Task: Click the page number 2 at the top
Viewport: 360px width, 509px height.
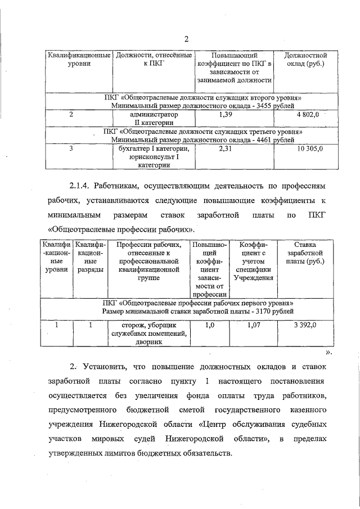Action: point(186,38)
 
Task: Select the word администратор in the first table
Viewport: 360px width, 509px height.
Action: point(154,115)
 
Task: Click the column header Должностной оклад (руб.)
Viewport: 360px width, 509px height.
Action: point(305,60)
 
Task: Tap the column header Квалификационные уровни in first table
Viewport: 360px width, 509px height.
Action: point(78,60)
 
